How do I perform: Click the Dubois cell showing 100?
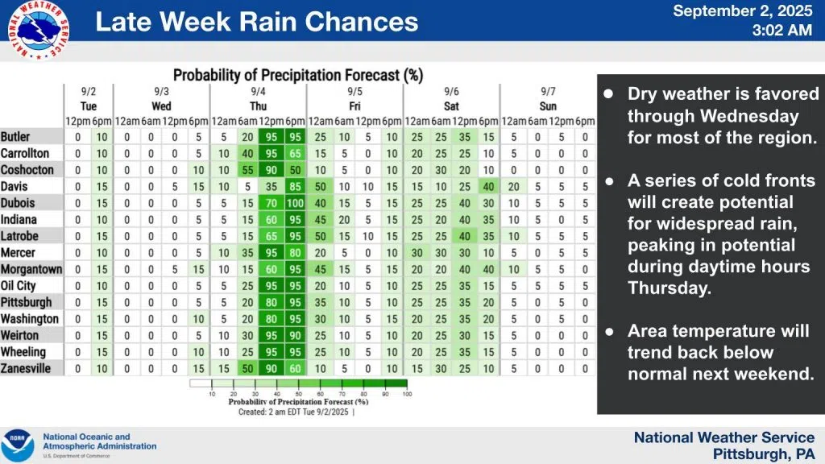click(295, 203)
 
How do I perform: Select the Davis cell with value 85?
click(295, 186)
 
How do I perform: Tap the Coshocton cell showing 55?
click(247, 170)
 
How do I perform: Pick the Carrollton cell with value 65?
click(295, 153)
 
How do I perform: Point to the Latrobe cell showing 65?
click(272, 236)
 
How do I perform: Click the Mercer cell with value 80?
click(295, 253)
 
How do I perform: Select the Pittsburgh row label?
click(27, 302)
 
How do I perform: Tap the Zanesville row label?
click(26, 368)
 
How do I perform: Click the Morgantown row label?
click(30, 269)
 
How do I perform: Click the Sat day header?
click(451, 106)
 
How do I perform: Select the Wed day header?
click(161, 106)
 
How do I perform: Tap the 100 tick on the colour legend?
click(408, 394)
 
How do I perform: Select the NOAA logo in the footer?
click(18, 445)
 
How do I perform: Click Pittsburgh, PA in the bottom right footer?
click(764, 454)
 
